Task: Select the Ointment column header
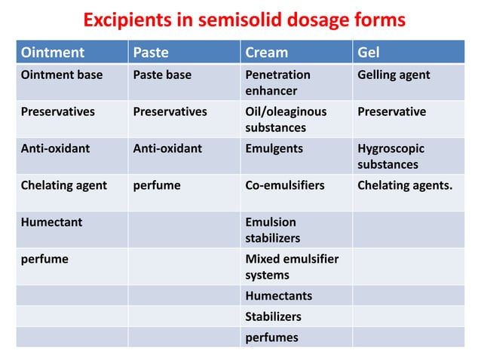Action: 52,53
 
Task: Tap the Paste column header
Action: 151,53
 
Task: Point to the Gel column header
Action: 369,53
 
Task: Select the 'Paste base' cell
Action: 162,75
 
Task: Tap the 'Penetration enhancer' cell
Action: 277,83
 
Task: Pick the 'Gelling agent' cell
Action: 394,75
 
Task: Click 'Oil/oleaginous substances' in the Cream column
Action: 286,119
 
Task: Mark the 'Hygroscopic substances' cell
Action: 391,156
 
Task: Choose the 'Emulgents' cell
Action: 274,148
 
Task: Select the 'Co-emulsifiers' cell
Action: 283,185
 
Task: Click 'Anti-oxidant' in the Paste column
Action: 167,148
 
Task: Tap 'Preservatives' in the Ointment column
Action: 57,111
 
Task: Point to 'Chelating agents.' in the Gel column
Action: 405,185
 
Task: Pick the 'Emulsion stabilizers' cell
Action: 272,230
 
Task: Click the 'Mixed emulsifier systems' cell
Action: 292,267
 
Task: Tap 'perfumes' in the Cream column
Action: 271,337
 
